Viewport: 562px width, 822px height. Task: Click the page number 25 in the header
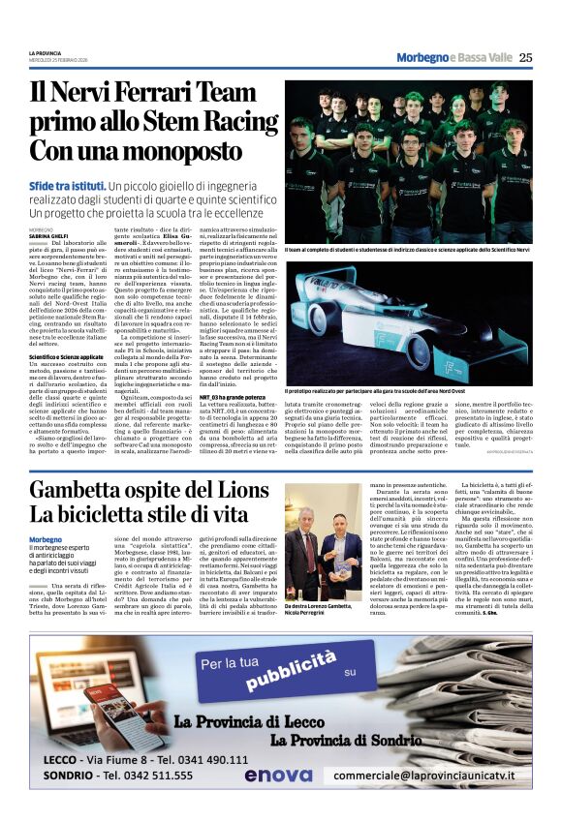click(525, 58)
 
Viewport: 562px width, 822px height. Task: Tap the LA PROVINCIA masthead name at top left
click(45, 52)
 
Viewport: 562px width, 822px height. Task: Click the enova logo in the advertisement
click(278, 776)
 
